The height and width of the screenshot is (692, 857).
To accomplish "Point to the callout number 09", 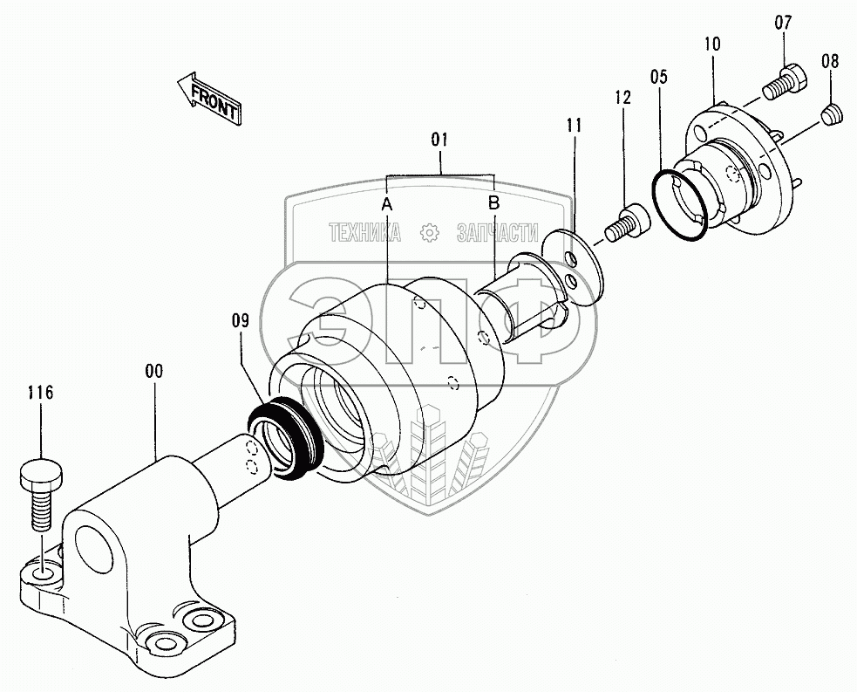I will tap(241, 321).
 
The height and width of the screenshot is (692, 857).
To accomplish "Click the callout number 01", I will tap(439, 139).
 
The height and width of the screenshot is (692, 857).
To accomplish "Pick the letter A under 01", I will tap(387, 203).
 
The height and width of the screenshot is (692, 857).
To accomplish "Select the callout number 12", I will tap(622, 98).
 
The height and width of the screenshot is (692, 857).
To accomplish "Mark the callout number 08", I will tap(830, 61).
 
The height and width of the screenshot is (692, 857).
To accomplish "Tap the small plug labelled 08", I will tap(833, 112).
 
